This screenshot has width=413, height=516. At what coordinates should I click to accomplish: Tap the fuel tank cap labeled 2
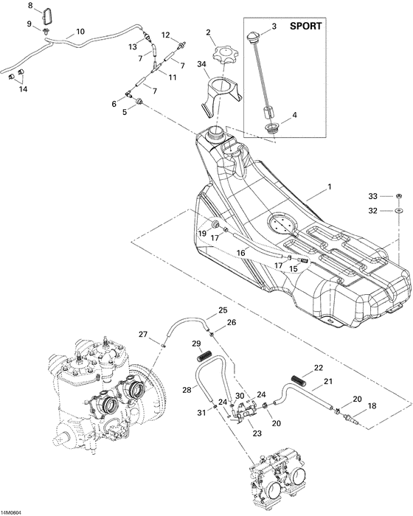click(x=221, y=55)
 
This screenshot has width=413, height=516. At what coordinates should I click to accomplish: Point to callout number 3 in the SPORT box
click(x=274, y=27)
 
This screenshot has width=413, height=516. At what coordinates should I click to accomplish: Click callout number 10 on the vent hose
click(x=80, y=32)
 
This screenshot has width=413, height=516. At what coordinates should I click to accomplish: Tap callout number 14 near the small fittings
click(x=23, y=89)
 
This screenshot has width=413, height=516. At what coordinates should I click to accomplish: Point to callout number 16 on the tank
click(x=240, y=252)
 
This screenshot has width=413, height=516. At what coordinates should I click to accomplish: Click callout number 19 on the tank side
click(x=201, y=234)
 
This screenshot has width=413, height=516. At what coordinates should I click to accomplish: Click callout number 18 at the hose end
click(x=371, y=406)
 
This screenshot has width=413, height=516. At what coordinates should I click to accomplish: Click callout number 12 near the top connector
click(x=165, y=35)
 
